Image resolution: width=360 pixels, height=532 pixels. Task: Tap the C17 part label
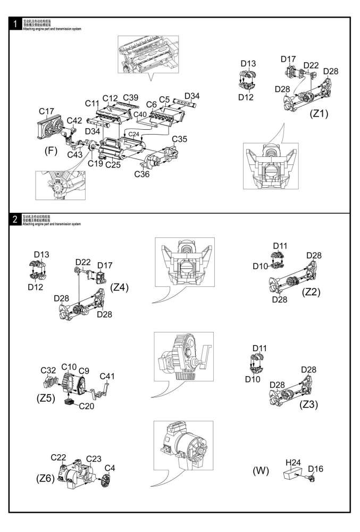pyautogui.click(x=47, y=111)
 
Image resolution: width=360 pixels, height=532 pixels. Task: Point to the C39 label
pyautogui.click(x=131, y=97)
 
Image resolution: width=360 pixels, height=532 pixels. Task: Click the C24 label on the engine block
pyautogui.click(x=134, y=134)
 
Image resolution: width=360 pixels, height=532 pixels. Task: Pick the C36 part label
pyautogui.click(x=142, y=173)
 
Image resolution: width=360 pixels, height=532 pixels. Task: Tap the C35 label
pyautogui.click(x=180, y=139)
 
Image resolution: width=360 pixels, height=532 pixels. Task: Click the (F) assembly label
pyautogui.click(x=51, y=151)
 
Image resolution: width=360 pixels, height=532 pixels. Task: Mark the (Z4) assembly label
pyautogui.click(x=120, y=287)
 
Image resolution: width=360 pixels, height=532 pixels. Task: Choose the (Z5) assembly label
pyautogui.click(x=47, y=397)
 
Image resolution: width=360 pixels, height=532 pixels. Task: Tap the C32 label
pyautogui.click(x=49, y=370)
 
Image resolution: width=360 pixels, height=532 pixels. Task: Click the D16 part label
pyautogui.click(x=315, y=469)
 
